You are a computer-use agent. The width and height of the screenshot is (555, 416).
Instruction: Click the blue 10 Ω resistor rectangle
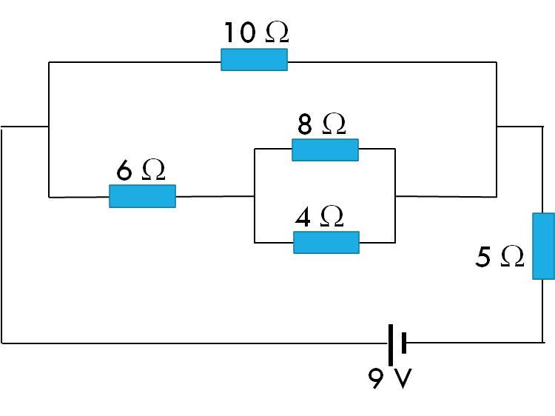tap(254, 60)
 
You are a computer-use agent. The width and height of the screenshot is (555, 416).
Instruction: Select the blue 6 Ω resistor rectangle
tap(142, 196)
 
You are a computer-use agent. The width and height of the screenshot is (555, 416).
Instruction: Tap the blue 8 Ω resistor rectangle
tap(325, 150)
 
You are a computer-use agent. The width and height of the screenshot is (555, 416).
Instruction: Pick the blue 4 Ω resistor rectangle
tap(326, 242)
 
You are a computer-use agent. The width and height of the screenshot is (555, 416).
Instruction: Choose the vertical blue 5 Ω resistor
tap(543, 246)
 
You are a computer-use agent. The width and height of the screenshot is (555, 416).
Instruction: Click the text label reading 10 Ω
tap(256, 33)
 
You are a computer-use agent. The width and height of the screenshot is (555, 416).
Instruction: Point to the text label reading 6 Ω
tap(141, 170)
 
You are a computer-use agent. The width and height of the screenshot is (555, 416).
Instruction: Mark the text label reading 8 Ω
tap(321, 124)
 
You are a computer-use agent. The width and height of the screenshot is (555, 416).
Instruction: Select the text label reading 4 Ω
tap(319, 217)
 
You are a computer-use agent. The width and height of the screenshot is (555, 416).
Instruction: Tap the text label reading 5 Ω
tap(499, 257)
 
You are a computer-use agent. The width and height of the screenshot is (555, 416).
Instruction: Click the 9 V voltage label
tap(389, 378)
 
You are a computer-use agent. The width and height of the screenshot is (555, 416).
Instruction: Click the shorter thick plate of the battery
tap(403, 343)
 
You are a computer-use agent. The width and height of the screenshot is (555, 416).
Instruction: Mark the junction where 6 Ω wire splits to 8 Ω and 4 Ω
tap(255, 196)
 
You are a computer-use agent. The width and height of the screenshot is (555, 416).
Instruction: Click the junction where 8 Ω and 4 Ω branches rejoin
tap(395, 196)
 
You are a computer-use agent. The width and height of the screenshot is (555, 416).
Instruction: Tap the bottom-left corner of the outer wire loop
tap(2, 343)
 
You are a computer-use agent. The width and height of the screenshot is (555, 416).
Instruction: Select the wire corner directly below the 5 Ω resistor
tap(543, 342)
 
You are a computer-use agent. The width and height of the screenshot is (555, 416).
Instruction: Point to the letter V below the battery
tap(403, 378)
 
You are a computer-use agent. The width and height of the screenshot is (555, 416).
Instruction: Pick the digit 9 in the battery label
tap(376, 378)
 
